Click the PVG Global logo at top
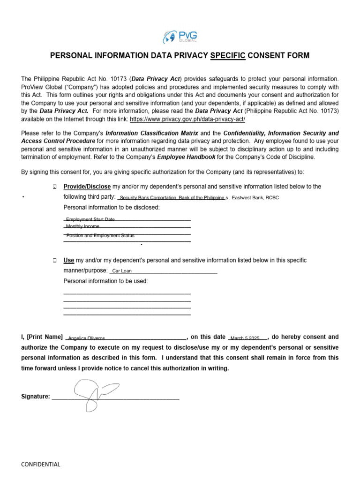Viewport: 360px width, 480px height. (x=180, y=36)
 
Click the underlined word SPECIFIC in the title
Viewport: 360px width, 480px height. (x=228, y=56)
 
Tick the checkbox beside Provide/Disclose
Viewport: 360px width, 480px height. (x=55, y=187)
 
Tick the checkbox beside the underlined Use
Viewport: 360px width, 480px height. (x=55, y=260)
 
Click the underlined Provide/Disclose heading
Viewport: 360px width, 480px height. (x=87, y=187)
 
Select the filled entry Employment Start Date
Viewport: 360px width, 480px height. (x=90, y=219)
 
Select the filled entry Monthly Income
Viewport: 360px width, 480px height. (x=82, y=226)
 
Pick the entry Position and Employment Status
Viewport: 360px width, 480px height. (x=100, y=236)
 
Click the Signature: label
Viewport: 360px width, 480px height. (x=36, y=397)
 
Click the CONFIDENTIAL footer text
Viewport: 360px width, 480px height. (x=41, y=465)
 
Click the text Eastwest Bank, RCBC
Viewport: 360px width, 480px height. (x=254, y=198)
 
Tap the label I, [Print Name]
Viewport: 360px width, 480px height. (x=42, y=337)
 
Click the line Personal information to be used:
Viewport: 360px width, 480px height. (x=105, y=281)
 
